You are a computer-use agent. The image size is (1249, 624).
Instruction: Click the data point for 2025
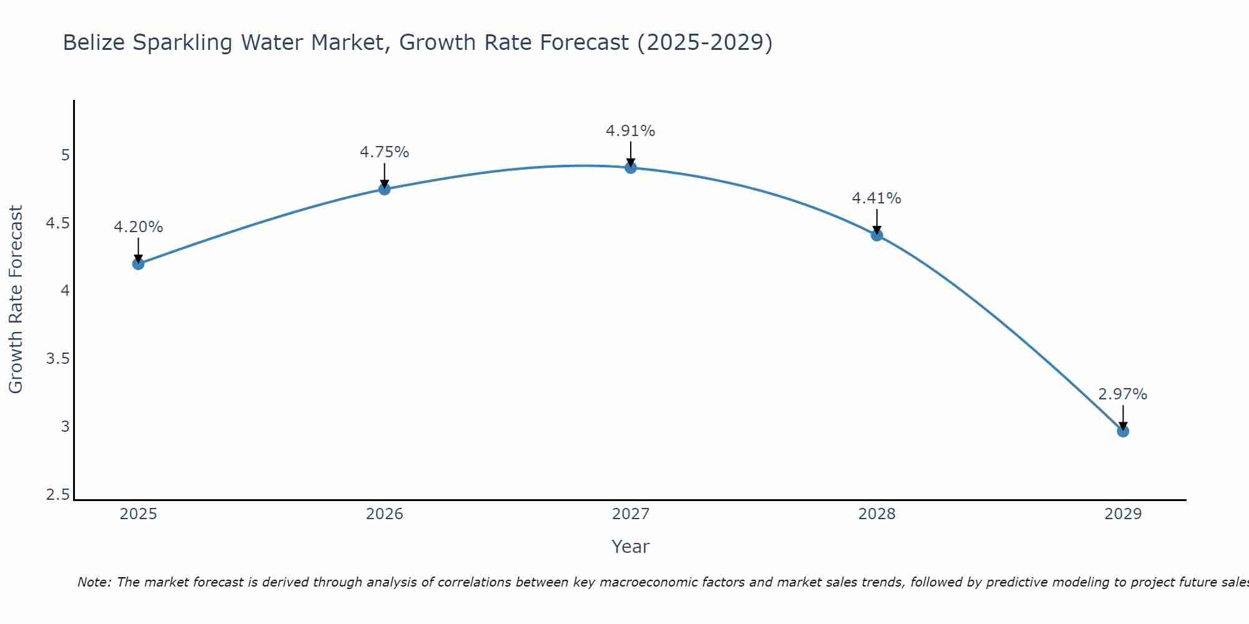pyautogui.click(x=138, y=263)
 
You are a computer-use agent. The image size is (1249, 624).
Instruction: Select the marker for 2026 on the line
pyautogui.click(x=384, y=188)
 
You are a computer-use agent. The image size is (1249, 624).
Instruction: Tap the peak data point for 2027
pyautogui.click(x=630, y=167)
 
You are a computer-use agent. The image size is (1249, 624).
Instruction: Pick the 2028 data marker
pyautogui.click(x=876, y=235)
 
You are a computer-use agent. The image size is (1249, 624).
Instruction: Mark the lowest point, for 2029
pyautogui.click(x=1122, y=431)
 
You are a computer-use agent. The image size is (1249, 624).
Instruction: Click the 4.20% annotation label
pyautogui.click(x=138, y=227)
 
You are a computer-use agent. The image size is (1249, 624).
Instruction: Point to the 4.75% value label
pyautogui.click(x=384, y=152)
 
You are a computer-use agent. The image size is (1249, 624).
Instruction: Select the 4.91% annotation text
pyautogui.click(x=630, y=131)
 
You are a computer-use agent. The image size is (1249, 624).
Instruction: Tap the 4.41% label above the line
pyautogui.click(x=876, y=198)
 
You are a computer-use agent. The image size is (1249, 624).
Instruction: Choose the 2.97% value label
pyautogui.click(x=1122, y=394)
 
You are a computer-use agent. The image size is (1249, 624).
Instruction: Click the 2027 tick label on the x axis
pyautogui.click(x=630, y=514)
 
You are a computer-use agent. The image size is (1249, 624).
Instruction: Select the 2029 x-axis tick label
pyautogui.click(x=1122, y=514)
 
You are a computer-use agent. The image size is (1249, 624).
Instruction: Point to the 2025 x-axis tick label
pyautogui.click(x=138, y=514)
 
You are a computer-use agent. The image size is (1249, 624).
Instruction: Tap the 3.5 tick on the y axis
pyautogui.click(x=58, y=359)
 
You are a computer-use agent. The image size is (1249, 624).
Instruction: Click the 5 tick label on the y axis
pyautogui.click(x=65, y=155)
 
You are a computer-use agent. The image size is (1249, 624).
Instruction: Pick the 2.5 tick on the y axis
pyautogui.click(x=58, y=495)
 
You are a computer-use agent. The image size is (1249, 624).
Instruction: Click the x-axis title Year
pyautogui.click(x=630, y=547)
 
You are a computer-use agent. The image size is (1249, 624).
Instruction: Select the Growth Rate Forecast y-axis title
pyautogui.click(x=16, y=299)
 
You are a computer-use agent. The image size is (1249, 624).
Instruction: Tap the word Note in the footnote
pyautogui.click(x=94, y=582)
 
